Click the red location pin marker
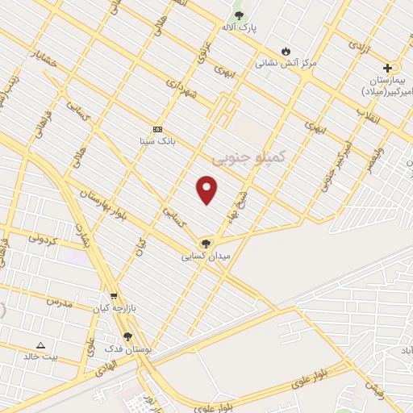pos(207,190)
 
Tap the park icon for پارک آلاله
pos(238,15)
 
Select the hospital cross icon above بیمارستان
pos(388,68)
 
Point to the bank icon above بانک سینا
pos(157,129)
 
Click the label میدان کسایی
pos(206,256)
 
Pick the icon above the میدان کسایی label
pos(206,244)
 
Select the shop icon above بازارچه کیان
pos(114,296)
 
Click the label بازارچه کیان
pos(111,308)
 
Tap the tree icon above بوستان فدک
pos(127,336)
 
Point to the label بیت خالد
pos(40,356)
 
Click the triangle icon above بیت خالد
pos(40,344)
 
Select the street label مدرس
pos(59,301)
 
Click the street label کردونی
pos(44,238)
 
